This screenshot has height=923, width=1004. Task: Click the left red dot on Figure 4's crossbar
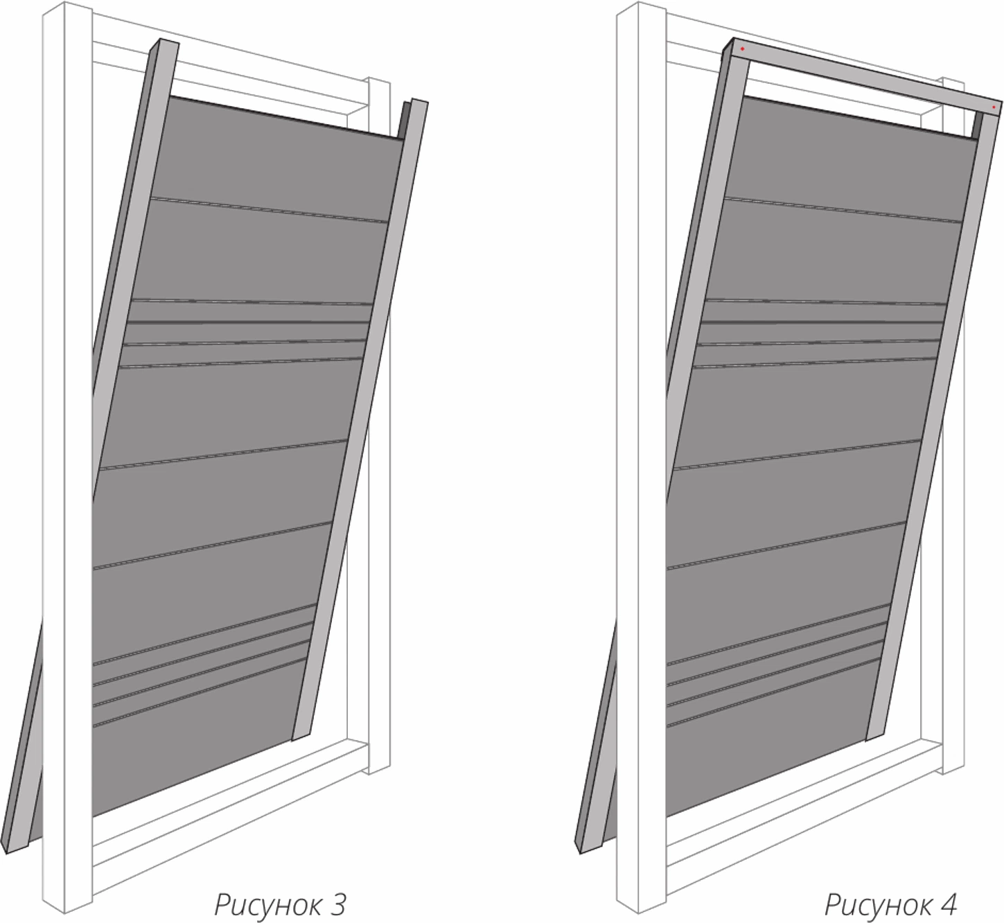(x=742, y=49)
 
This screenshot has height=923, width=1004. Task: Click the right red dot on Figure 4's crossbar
(x=994, y=107)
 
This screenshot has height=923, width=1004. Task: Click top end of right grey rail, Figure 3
(x=419, y=101)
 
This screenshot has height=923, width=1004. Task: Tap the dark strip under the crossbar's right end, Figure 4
(x=978, y=125)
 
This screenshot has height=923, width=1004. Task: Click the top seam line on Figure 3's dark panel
(x=269, y=210)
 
